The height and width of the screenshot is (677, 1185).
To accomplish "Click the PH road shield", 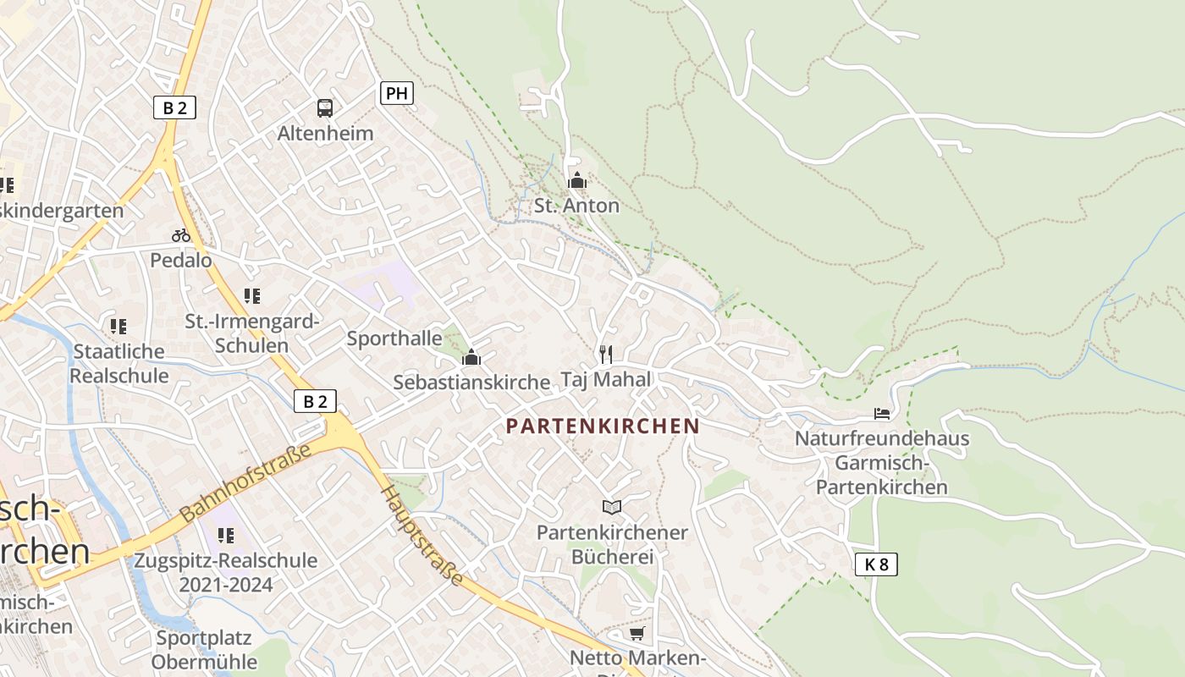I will (396, 93).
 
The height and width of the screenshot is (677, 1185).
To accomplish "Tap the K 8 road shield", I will (876, 564).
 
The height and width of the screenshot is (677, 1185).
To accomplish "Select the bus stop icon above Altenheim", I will (325, 107).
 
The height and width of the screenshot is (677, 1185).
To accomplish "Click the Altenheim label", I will (325, 134).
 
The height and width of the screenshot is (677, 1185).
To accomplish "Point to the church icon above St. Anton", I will (577, 180).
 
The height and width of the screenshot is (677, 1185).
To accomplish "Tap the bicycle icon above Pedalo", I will (181, 235).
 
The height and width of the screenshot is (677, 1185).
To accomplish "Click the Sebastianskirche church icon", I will (471, 358).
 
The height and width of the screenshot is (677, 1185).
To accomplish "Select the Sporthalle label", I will (394, 338).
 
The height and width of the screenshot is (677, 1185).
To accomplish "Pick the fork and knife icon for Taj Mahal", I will (605, 354).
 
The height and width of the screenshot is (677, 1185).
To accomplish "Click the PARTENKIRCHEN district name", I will (603, 427).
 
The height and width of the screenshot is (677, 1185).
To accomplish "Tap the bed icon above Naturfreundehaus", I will (882, 414).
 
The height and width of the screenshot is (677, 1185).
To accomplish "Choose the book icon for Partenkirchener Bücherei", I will (612, 507).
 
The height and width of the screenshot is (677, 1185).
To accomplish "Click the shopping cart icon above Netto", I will (637, 633).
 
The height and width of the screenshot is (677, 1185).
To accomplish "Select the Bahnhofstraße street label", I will (245, 483).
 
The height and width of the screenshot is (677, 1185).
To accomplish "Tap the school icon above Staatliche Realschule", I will (118, 326).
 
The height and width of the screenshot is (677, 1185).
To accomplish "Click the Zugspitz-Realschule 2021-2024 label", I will (226, 572).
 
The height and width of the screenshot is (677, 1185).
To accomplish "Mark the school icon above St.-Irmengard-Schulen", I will (251, 296).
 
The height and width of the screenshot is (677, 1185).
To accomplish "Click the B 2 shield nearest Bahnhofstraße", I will (315, 401).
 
